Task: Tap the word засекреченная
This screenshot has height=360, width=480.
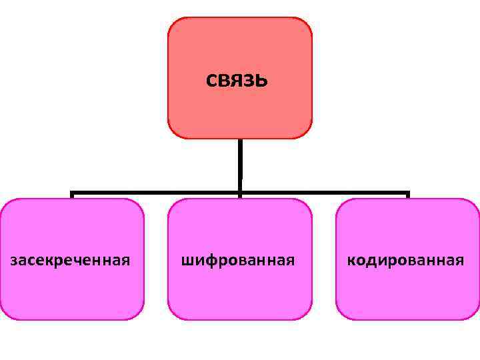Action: click(x=70, y=259)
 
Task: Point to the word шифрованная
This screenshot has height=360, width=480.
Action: click(x=238, y=259)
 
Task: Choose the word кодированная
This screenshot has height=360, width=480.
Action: click(x=405, y=259)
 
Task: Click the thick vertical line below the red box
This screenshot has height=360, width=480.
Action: click(x=239, y=163)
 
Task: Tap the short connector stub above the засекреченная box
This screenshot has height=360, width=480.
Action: click(x=72, y=195)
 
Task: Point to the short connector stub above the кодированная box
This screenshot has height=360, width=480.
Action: click(x=407, y=195)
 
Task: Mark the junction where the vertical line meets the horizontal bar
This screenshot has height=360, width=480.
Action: click(x=239, y=193)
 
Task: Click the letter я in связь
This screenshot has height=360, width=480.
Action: click(x=238, y=81)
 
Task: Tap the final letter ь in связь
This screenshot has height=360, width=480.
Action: click(x=262, y=81)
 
